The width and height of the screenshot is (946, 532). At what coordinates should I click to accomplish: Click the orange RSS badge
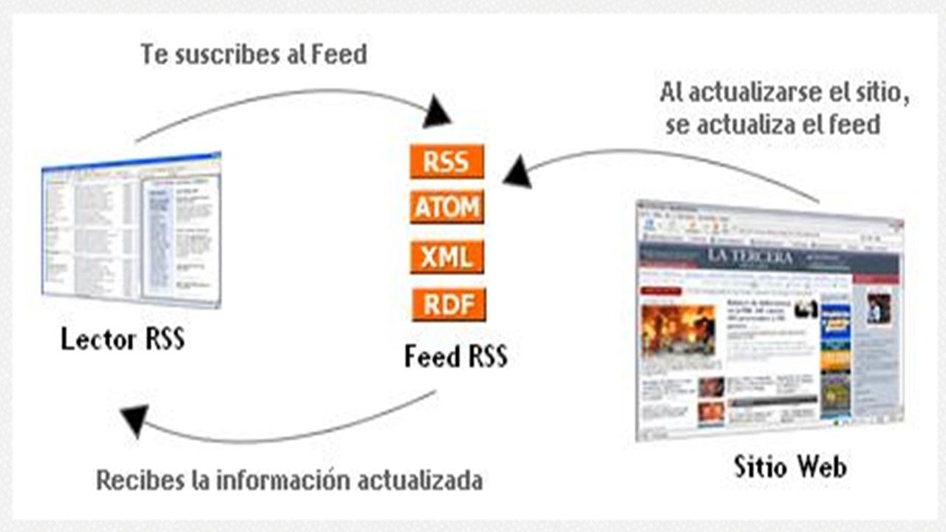(x=447, y=161)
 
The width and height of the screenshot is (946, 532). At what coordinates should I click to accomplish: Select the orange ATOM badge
(x=447, y=208)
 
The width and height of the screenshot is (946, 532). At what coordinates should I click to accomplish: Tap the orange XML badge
(x=447, y=257)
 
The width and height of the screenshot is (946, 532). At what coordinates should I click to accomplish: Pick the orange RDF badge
(x=449, y=304)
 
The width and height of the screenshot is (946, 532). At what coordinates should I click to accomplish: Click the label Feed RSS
(x=456, y=357)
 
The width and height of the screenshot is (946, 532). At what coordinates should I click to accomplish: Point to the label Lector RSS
(x=123, y=340)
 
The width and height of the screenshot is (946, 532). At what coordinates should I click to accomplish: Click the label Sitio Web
(x=790, y=466)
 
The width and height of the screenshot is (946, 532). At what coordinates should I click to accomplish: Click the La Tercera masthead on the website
(x=750, y=256)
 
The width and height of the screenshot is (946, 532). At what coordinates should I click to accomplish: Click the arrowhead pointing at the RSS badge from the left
(x=438, y=114)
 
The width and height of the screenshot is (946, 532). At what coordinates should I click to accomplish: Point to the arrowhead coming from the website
(x=517, y=172)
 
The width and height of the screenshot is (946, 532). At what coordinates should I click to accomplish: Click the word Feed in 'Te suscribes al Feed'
(x=338, y=55)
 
